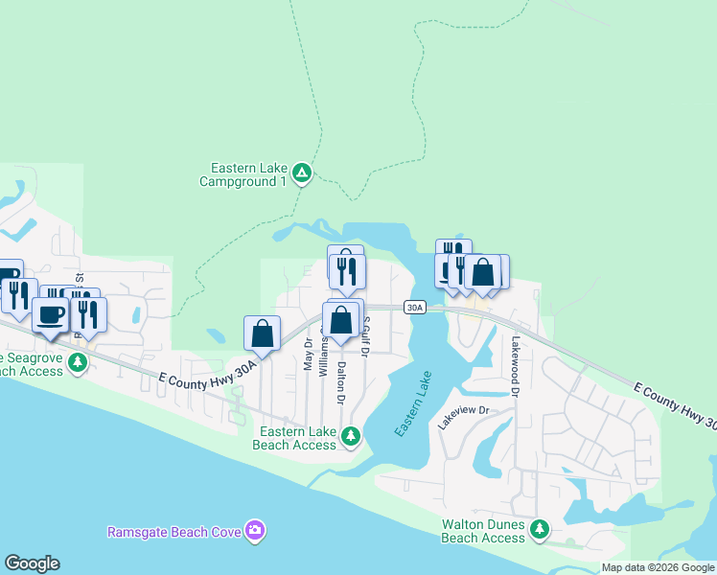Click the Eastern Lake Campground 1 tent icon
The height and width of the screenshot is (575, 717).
pos(301,172)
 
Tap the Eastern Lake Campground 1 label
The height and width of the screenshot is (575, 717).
pos(243,173)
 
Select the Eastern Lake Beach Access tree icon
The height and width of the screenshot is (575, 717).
pos(352,437)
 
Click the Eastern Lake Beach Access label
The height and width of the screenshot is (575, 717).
pos(294,438)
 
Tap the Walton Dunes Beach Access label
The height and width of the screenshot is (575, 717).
pos(483,531)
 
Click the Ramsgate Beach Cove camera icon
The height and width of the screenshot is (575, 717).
pos(254,530)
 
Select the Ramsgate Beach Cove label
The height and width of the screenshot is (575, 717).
pos(173,531)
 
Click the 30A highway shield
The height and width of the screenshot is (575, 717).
pos(413,308)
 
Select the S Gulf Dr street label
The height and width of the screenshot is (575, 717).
pos(364,338)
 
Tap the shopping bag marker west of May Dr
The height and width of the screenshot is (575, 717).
pos(262,333)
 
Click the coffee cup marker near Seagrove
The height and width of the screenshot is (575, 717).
pos(50,313)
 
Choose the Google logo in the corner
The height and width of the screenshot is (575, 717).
pos(32,563)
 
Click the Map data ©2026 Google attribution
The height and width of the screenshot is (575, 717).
pos(658,567)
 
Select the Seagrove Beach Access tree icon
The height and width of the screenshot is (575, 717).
pos(79,362)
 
